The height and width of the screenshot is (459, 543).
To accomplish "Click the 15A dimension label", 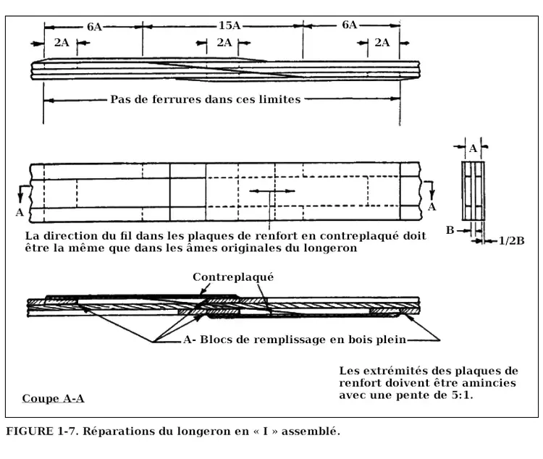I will pos(229,26).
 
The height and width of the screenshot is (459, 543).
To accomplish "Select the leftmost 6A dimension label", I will pos(94,27).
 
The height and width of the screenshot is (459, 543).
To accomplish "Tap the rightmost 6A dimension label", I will pos(349,25).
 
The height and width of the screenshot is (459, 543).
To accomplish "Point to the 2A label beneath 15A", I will pos(224,43).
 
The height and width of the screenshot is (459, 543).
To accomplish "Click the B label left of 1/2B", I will pos(450,230).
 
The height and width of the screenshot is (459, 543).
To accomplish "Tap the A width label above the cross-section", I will pos(473,148).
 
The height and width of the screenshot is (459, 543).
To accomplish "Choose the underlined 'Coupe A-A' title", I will pos(53,399).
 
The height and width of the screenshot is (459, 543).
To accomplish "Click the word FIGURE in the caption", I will pos(30,432).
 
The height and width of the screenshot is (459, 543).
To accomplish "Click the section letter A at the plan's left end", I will pos(19,212).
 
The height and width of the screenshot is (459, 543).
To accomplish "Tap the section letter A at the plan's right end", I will pos(432,206).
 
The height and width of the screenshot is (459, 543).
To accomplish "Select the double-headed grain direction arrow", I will pos(271,191).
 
